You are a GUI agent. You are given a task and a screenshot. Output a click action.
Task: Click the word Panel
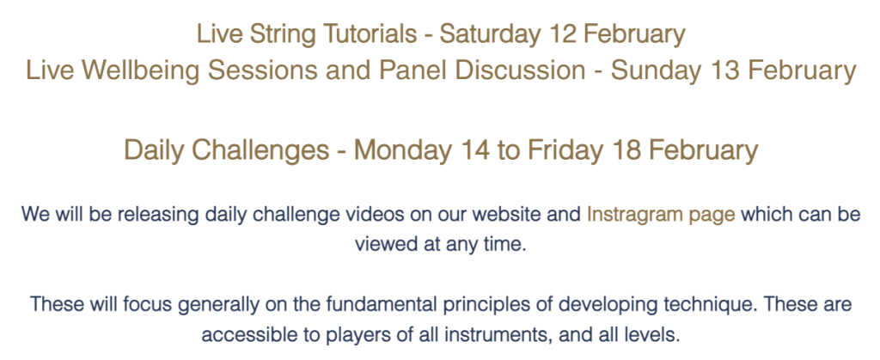pyautogui.click(x=406, y=70)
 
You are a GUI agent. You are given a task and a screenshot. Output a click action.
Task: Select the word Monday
pyautogui.click(x=402, y=150)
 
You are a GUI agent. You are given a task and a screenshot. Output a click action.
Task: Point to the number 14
pyautogui.click(x=476, y=150)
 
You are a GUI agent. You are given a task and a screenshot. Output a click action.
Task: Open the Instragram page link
pyautogui.click(x=661, y=216)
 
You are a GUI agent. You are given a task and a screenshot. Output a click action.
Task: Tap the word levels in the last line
pyautogui.click(x=653, y=335)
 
